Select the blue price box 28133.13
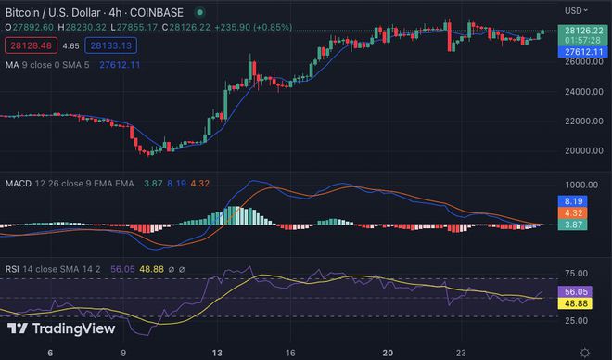(109, 45)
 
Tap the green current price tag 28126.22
(581, 30)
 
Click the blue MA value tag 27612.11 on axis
(581, 52)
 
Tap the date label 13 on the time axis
(217, 353)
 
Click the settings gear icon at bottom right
(584, 353)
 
